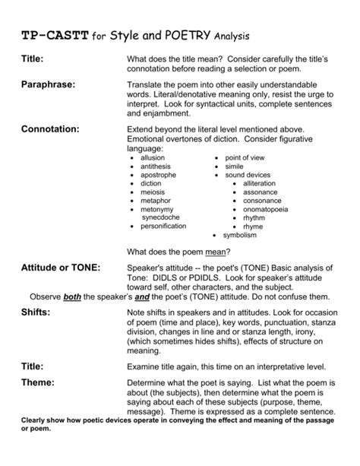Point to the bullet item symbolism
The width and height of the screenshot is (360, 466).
click(x=241, y=235)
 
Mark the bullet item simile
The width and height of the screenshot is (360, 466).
click(x=233, y=166)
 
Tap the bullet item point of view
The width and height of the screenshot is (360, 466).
click(x=243, y=157)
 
